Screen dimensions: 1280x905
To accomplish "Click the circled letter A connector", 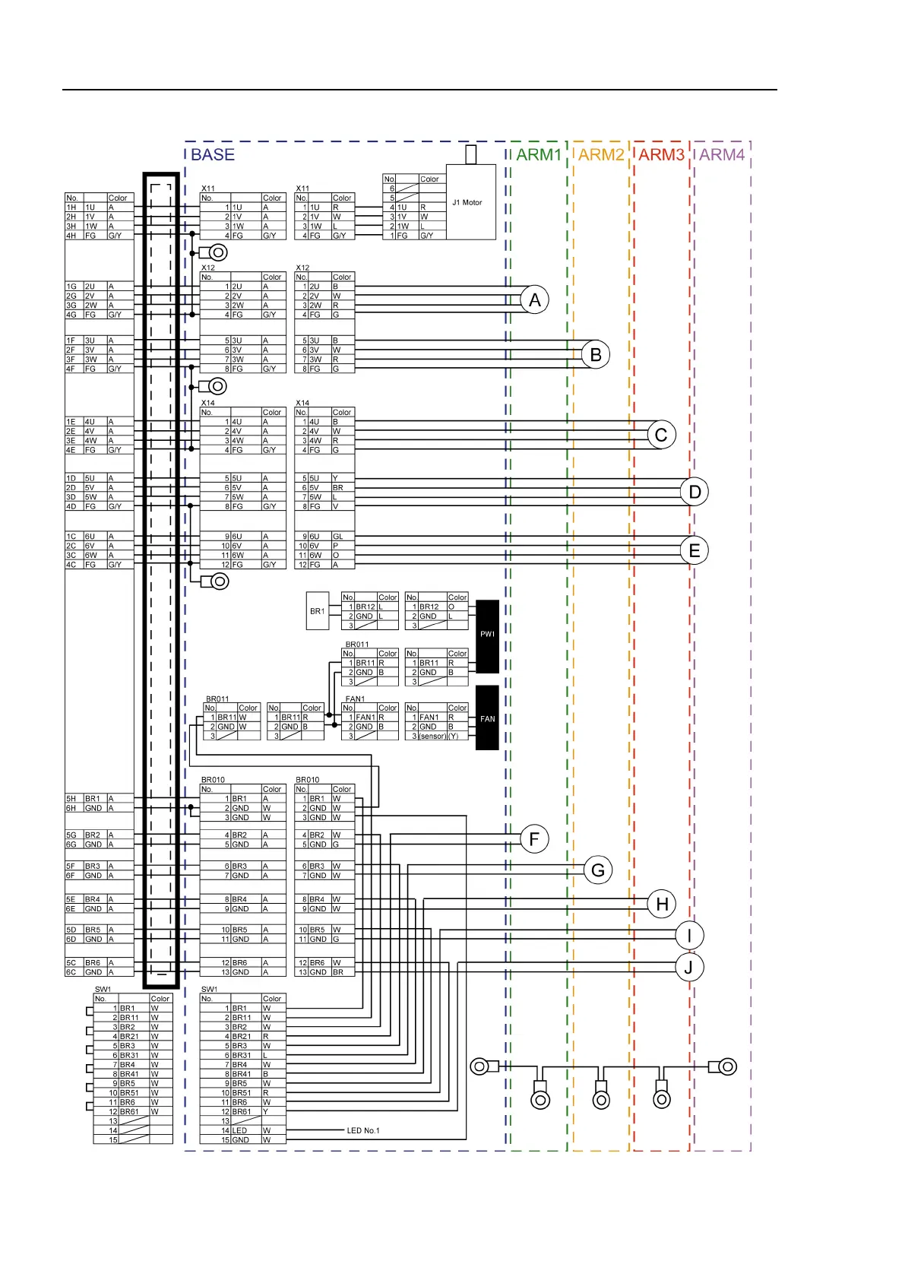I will [x=535, y=300].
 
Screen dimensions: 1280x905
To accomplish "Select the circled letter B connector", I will [x=596, y=354].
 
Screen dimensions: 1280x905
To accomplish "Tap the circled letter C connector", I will [x=661, y=435].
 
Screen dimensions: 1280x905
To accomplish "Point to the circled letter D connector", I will [x=695, y=492].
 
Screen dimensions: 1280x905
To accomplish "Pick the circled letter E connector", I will [x=695, y=551].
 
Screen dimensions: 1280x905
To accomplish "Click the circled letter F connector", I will [x=534, y=839].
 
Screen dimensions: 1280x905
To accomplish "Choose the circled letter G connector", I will [x=598, y=870].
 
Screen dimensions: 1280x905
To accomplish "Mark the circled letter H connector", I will [x=662, y=904].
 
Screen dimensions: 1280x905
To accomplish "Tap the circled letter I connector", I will [x=689, y=936].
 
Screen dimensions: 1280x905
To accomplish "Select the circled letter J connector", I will [x=689, y=968].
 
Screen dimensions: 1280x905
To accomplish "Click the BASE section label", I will [x=213, y=155].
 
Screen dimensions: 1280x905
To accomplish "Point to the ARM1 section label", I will [x=539, y=155].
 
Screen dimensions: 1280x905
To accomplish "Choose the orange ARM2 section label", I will [x=601, y=155].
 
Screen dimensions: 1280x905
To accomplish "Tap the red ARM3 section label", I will [x=661, y=155].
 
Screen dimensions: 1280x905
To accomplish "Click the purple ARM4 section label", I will [x=722, y=155].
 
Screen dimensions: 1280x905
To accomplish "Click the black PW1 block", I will [x=487, y=636].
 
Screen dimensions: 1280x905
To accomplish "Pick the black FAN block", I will [x=487, y=718].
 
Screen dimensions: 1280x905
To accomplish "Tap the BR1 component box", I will [x=318, y=611].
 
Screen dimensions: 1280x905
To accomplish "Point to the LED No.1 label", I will [x=363, y=1131].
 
